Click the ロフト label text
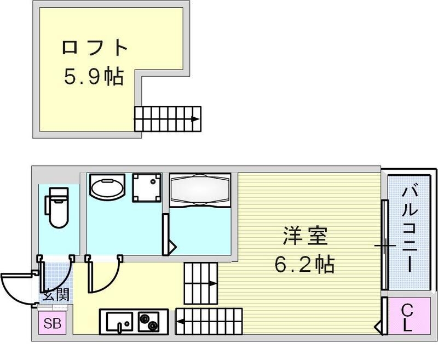pos(95,48)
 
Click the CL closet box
pos(407,318)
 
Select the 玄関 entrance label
pos(55,295)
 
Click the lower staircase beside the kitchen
pos(209,321)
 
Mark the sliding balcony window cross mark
pos(385,245)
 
